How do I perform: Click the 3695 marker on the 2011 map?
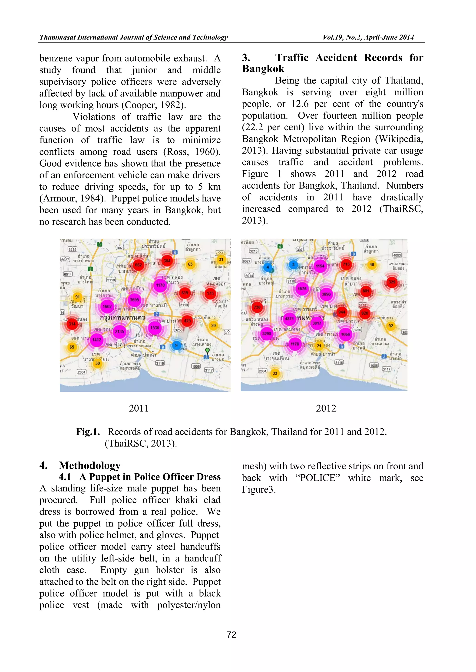pyautogui.click(x=134, y=300)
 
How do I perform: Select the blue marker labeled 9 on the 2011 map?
pyautogui.click(x=176, y=345)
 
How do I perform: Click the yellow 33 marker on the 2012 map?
pyautogui.click(x=275, y=373)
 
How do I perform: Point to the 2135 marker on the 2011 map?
pyautogui.click(x=119, y=331)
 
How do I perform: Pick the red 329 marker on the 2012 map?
pyautogui.click(x=392, y=282)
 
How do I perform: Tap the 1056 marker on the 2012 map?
pyautogui.click(x=345, y=334)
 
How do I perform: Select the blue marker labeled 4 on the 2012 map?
pyautogui.click(x=268, y=267)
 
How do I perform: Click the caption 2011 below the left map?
pyautogui.click(x=139, y=408)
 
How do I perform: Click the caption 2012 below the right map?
pyautogui.click(x=326, y=408)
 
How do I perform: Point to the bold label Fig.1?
pyautogui.click(x=88, y=432)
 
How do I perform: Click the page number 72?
pyautogui.click(x=231, y=635)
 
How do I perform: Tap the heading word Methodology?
pyautogui.click(x=90, y=465)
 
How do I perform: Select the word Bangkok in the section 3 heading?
pyautogui.click(x=263, y=69)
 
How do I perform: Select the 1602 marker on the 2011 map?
pyautogui.click(x=107, y=306)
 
